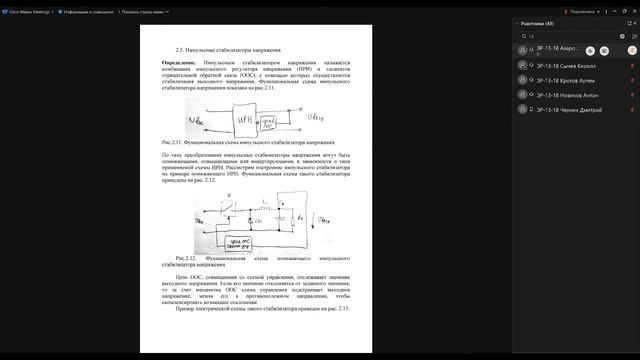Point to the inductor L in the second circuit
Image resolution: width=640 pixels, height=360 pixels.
(x=261, y=203)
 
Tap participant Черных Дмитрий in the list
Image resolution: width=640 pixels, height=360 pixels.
(x=573, y=109)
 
